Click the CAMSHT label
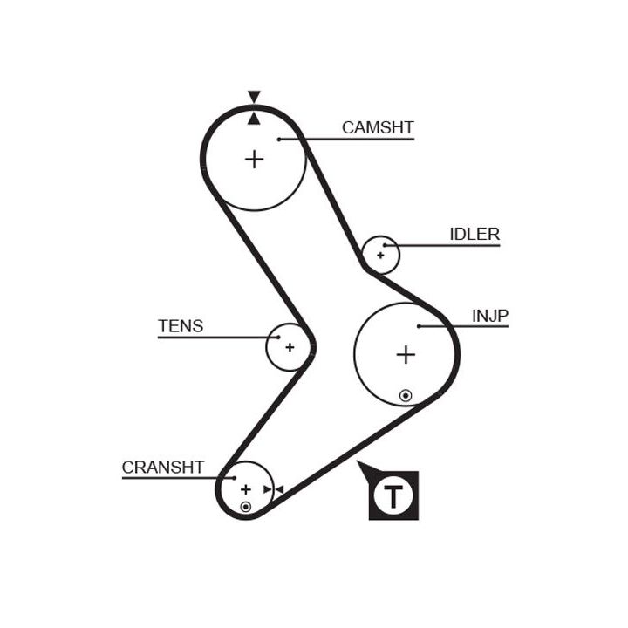pyautogui.click(x=377, y=127)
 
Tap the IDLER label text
pyautogui.click(x=474, y=234)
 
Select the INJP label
pyautogui.click(x=490, y=315)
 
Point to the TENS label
pyautogui.click(x=181, y=326)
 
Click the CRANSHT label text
pyautogui.click(x=163, y=468)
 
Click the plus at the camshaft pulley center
pyautogui.click(x=254, y=160)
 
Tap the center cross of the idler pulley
pyautogui.click(x=380, y=256)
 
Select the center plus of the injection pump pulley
pyautogui.click(x=406, y=354)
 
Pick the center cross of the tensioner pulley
pyautogui.click(x=290, y=347)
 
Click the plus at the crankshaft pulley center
pyautogui.click(x=245, y=489)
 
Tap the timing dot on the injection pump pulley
pyautogui.click(x=406, y=395)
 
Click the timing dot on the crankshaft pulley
pyautogui.click(x=246, y=506)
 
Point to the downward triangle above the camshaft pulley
pyautogui.click(x=254, y=97)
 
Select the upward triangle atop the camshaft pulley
pyautogui.click(x=254, y=118)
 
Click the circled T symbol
pyautogui.click(x=394, y=496)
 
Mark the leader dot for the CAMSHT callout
pyautogui.click(x=278, y=139)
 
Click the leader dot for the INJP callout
pyautogui.click(x=420, y=326)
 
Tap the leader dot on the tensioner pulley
pyautogui.click(x=278, y=337)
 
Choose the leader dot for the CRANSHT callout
pyautogui.click(x=234, y=478)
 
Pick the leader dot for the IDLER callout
pyautogui.click(x=383, y=245)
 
